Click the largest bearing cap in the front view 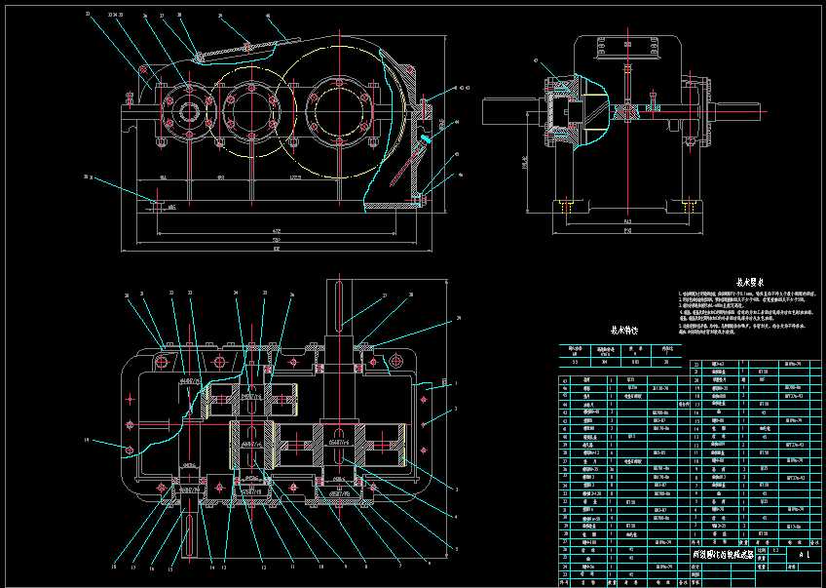tap(329, 108)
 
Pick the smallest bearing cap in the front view tap(185, 109)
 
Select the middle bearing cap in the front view tap(245, 107)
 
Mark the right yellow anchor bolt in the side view tap(673, 208)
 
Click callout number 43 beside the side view tap(535, 62)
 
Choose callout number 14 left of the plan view tap(87, 441)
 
